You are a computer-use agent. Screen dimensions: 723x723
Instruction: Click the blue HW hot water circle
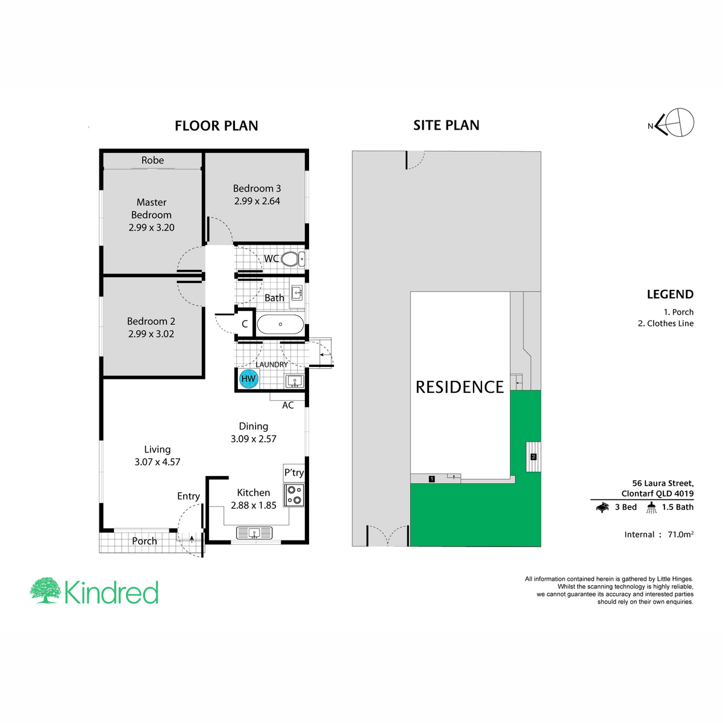click(x=248, y=378)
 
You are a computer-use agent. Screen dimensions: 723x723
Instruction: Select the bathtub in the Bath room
click(x=280, y=324)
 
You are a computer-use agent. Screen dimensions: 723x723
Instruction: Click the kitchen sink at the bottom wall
click(x=254, y=533)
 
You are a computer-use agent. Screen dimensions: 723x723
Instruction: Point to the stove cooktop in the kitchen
click(x=294, y=495)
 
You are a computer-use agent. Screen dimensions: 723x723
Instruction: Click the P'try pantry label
click(x=294, y=472)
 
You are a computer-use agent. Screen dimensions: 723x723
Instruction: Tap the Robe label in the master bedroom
click(x=152, y=160)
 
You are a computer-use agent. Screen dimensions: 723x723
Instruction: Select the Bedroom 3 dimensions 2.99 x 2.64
click(x=257, y=201)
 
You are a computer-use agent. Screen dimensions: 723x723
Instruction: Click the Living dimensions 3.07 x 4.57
click(x=157, y=462)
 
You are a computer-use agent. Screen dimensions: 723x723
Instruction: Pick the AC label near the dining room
click(x=288, y=405)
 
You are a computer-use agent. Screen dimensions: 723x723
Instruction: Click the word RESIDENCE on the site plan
click(x=460, y=387)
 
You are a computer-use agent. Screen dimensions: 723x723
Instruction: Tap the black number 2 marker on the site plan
click(x=533, y=457)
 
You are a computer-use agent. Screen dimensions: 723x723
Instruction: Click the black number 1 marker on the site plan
click(x=432, y=479)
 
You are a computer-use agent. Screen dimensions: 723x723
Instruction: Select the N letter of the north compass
click(x=650, y=126)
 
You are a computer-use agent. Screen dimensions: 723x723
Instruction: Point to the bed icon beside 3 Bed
click(x=602, y=507)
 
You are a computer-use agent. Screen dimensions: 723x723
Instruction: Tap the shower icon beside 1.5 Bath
click(x=651, y=507)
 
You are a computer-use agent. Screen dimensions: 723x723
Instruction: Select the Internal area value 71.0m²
click(x=680, y=534)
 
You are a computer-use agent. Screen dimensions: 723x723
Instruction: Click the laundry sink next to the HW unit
click(x=295, y=381)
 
